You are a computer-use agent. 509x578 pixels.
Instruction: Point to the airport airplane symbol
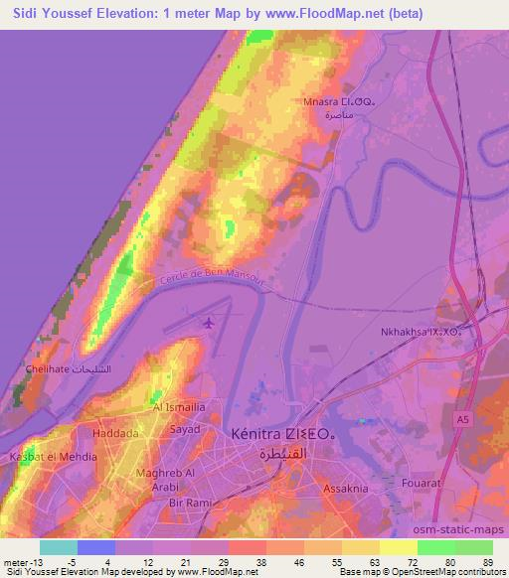(x=208, y=323)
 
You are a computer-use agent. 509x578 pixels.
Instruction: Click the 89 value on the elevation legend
(x=488, y=562)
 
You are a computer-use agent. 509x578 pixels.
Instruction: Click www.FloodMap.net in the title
(x=300, y=13)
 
